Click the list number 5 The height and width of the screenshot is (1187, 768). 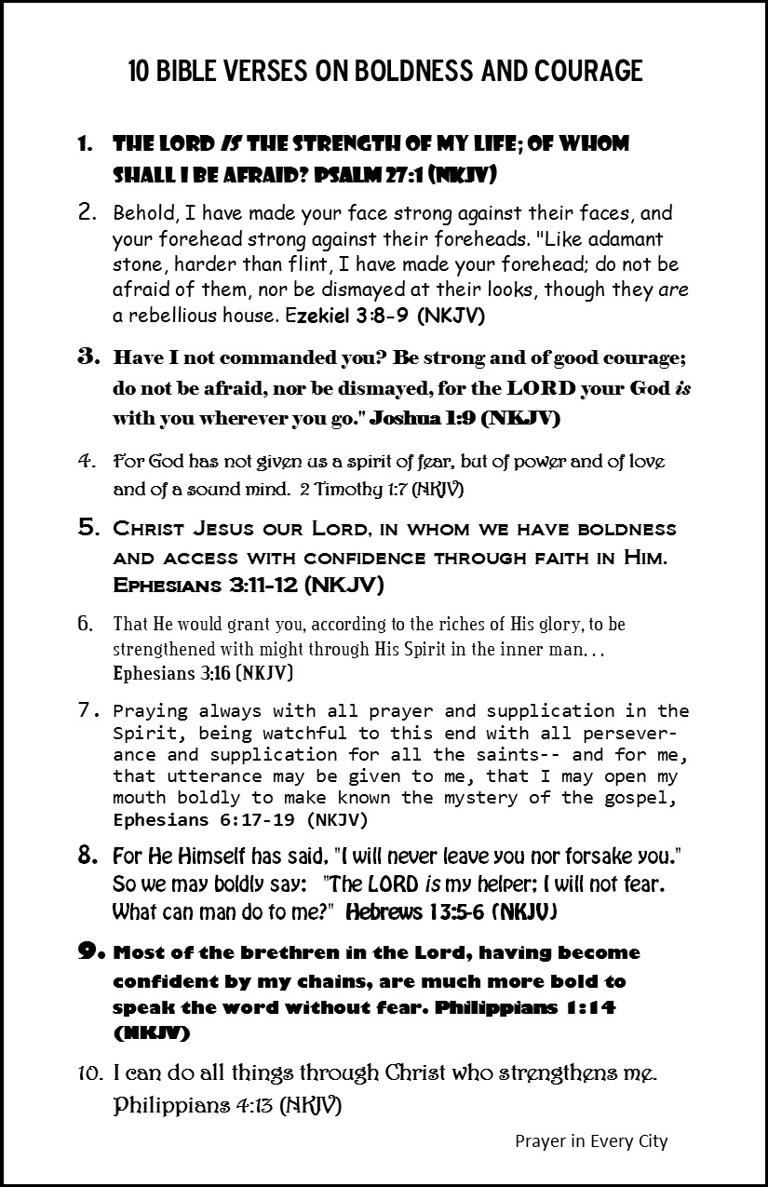tap(89, 528)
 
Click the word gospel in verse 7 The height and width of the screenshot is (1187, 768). tap(656, 798)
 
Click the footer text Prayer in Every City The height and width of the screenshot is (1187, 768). tap(591, 1140)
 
